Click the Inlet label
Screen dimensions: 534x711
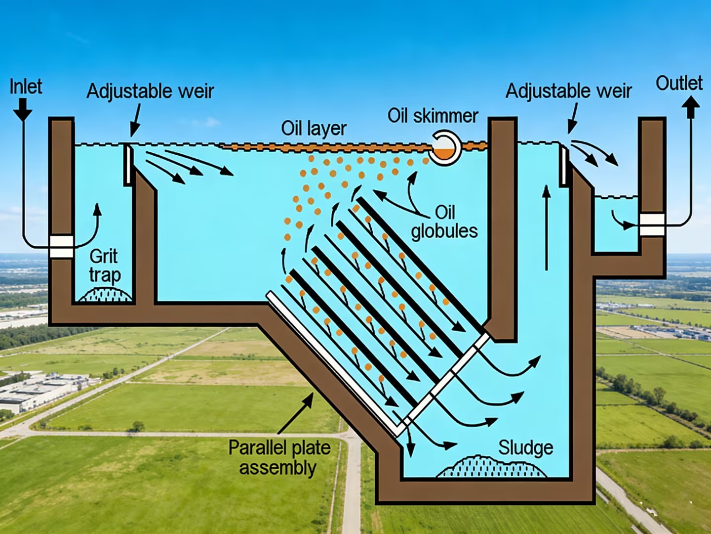tap(26, 87)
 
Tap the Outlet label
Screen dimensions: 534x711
tap(679, 83)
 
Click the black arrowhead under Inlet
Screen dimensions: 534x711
tap(22, 111)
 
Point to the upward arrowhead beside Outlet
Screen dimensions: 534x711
tap(691, 105)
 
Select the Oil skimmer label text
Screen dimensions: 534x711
tap(433, 116)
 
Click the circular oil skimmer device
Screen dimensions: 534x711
tap(445, 148)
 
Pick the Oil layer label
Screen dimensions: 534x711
tap(314, 129)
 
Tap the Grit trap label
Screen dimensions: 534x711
tap(104, 266)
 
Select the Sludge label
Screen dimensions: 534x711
tap(525, 447)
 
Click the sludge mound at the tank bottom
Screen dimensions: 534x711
tap(491, 467)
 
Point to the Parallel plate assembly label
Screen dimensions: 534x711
tap(279, 457)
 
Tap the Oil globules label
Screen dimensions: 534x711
tap(444, 222)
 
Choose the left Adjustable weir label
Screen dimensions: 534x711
tap(150, 91)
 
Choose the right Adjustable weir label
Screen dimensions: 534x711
tap(568, 91)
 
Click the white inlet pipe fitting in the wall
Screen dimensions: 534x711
tap(62, 246)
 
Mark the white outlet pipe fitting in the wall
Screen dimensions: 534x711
tap(652, 224)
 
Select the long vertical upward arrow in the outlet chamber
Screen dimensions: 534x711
tap(546, 227)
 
